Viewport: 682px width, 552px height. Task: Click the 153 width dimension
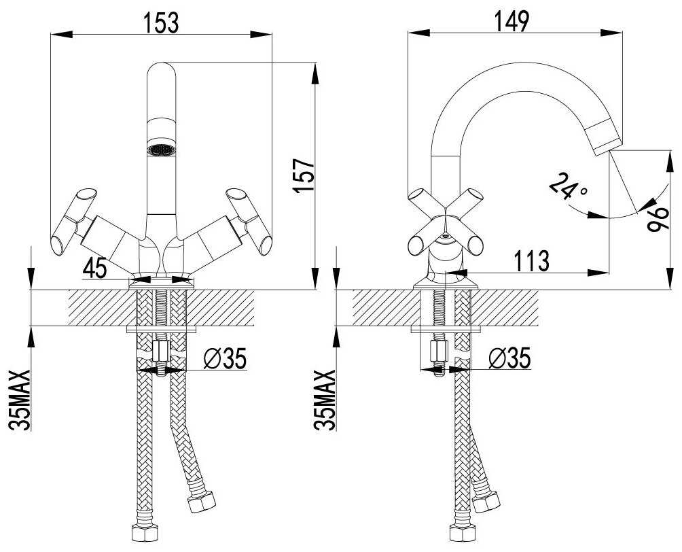[162, 22]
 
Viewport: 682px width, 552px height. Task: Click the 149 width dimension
[512, 21]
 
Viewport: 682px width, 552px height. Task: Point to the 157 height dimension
[303, 175]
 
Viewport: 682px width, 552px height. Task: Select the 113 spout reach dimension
[531, 260]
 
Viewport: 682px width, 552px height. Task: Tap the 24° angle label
[569, 186]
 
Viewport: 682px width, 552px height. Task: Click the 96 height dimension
[658, 220]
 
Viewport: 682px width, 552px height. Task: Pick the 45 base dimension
[95, 267]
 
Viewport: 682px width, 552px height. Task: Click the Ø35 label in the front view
[226, 358]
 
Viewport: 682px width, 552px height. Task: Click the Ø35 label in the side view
[509, 358]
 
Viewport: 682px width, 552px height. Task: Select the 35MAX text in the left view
[20, 400]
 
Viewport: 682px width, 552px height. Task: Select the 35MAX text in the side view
[325, 400]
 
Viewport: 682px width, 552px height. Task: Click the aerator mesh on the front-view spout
[162, 150]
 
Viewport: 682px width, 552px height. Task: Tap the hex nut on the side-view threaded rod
[438, 351]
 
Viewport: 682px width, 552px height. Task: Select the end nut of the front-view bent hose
[201, 502]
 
